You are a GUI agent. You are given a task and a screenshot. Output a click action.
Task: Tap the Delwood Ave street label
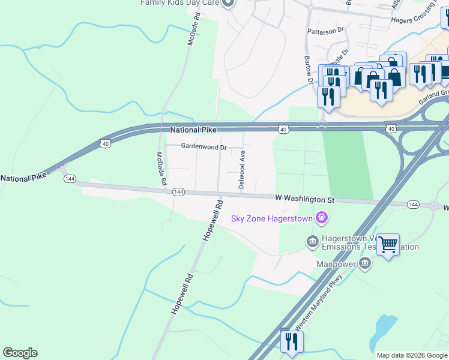click(x=242, y=170)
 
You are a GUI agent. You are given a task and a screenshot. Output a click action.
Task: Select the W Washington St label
click(x=304, y=198)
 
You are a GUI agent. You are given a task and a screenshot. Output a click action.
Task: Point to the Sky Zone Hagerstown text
click(x=273, y=218)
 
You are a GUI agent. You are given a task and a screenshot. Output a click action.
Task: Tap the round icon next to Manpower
click(x=365, y=263)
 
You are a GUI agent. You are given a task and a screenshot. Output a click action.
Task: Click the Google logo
click(x=20, y=353)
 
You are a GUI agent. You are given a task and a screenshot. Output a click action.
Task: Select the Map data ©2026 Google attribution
click(x=412, y=355)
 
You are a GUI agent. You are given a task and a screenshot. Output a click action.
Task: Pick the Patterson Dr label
click(x=325, y=29)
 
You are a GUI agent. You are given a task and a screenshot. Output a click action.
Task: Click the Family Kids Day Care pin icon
click(x=227, y=4)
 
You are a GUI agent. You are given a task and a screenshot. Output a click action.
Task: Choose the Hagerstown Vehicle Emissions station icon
click(x=312, y=241)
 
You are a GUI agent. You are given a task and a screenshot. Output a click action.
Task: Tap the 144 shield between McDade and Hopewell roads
click(x=178, y=192)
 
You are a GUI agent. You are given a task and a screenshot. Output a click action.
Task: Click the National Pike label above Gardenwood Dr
click(x=192, y=130)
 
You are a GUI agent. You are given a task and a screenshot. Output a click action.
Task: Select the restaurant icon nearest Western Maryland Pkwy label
click(x=292, y=341)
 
